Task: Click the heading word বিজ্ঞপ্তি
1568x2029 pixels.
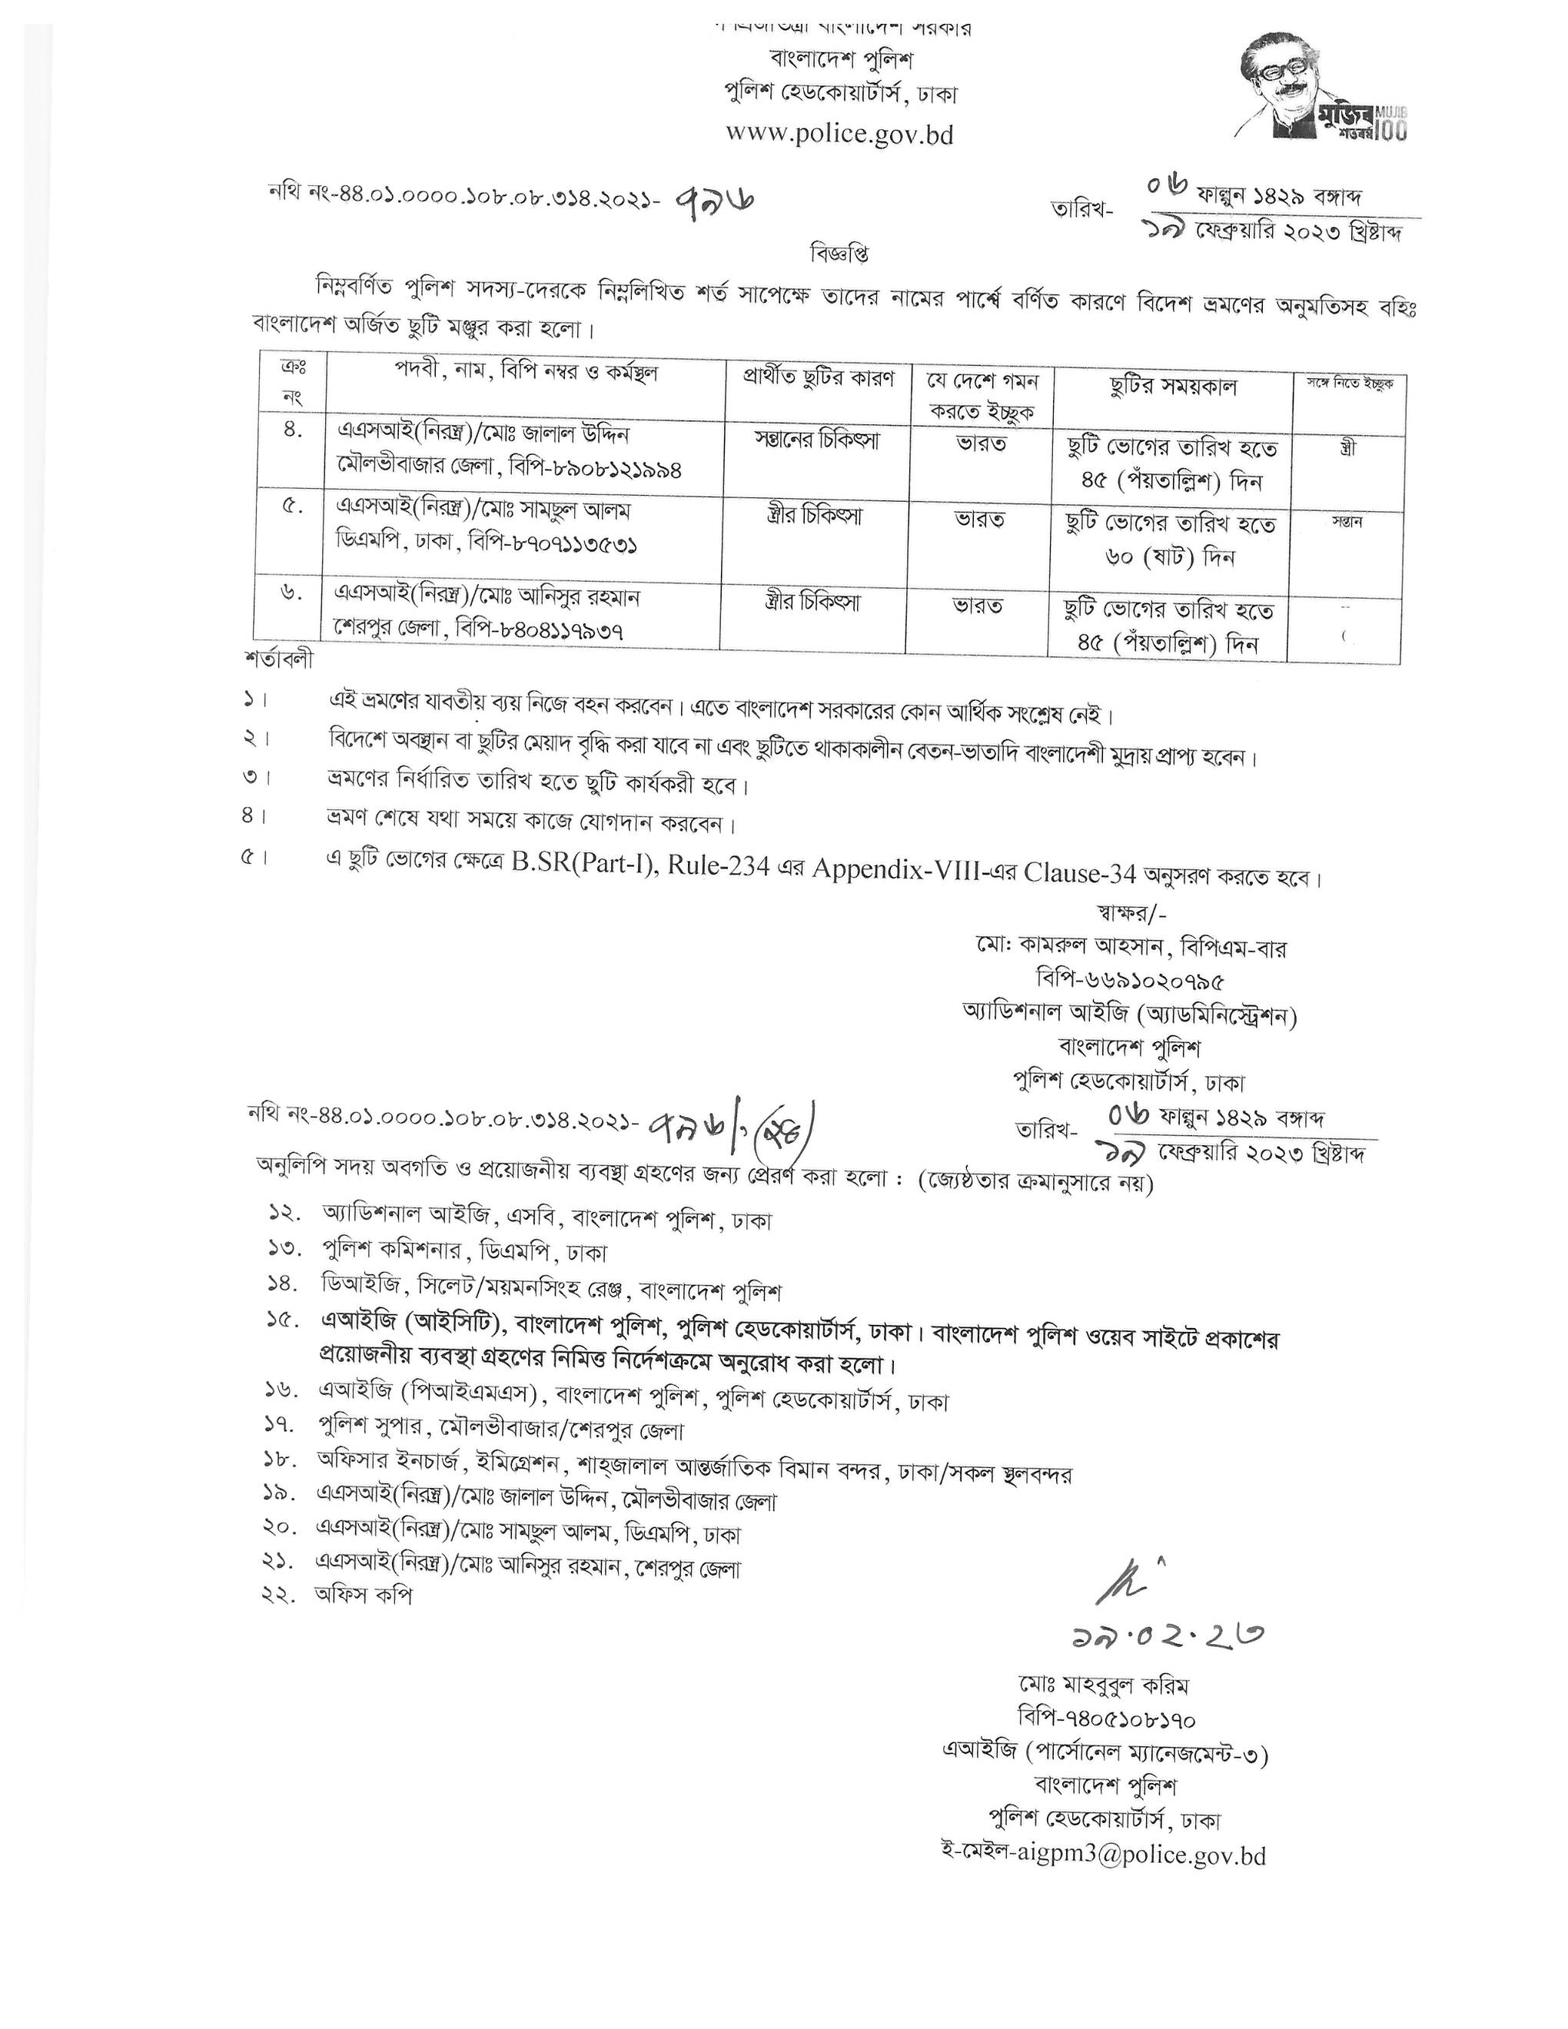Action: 839,253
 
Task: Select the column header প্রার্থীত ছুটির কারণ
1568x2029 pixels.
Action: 818,379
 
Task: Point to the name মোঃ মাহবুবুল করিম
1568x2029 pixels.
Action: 1103,1685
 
